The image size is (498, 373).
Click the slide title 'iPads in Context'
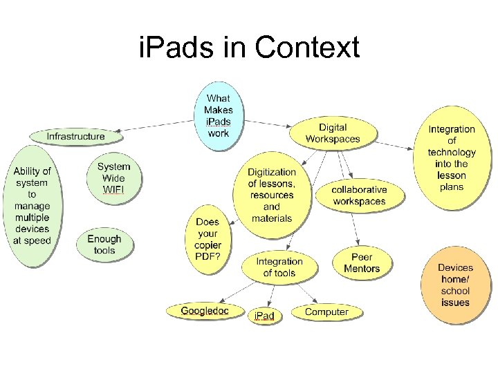tap(249, 48)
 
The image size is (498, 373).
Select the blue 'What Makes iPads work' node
tap(219, 115)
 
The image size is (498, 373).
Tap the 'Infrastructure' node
tap(76, 136)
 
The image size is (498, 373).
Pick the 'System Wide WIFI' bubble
tap(114, 178)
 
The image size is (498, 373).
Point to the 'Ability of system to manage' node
tap(32, 206)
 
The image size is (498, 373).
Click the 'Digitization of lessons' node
tap(272, 195)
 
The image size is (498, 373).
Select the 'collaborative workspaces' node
tap(360, 195)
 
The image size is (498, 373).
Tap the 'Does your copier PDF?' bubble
tap(207, 239)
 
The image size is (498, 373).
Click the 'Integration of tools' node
tap(279, 267)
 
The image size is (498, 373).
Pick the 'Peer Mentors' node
tap(362, 263)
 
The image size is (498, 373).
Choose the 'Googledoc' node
tap(204, 312)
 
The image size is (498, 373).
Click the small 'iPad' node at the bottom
tap(264, 316)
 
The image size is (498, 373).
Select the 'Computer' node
tap(326, 312)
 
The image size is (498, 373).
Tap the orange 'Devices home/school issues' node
tap(455, 285)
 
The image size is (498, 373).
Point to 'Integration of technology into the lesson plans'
tap(452, 158)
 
